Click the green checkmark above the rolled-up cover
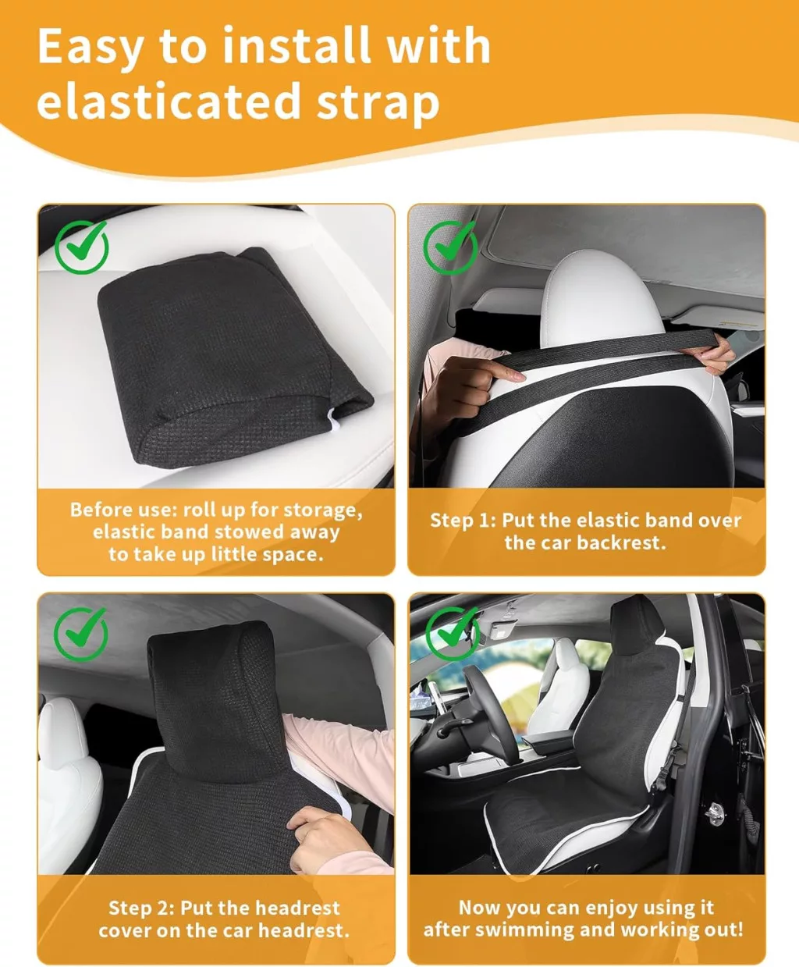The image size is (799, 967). click(82, 247)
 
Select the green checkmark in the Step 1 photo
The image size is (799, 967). click(450, 247)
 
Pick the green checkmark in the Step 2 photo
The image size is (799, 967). click(81, 634)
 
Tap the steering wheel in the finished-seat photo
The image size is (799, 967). click(486, 713)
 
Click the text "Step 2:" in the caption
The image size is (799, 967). click(142, 908)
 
